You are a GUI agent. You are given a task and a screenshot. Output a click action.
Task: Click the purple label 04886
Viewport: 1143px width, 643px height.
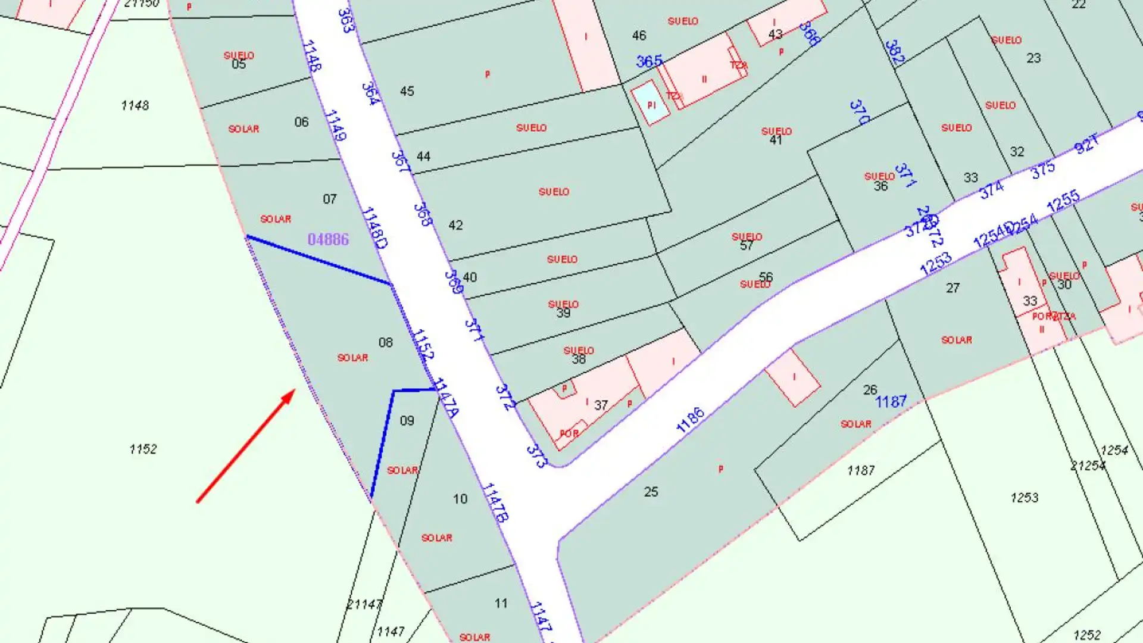328,239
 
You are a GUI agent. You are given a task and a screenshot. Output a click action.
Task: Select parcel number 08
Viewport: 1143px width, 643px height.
386,342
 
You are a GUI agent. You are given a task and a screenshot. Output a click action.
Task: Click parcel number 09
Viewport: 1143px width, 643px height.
407,421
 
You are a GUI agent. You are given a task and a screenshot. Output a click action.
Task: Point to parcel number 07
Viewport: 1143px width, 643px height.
329,199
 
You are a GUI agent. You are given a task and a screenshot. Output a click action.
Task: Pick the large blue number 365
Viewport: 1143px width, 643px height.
649,61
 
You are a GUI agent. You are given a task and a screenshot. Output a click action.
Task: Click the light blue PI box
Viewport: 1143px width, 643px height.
651,105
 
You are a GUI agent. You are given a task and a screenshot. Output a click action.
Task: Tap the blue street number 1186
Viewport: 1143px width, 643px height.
690,420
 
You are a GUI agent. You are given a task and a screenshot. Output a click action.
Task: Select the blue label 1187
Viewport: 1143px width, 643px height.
891,402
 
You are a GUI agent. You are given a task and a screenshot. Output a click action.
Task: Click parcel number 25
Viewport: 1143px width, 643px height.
651,492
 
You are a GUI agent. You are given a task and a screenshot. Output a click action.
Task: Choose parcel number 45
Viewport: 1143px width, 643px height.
407,91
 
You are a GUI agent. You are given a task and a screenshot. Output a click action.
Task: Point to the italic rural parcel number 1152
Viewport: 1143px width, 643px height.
143,449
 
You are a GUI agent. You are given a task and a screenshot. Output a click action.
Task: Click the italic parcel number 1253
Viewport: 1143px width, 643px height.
1024,497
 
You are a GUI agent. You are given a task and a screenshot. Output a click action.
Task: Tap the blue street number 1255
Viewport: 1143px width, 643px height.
1063,201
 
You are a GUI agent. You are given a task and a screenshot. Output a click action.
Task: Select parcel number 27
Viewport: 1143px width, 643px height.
952,288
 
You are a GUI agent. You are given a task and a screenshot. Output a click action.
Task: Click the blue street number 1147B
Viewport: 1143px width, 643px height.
495,502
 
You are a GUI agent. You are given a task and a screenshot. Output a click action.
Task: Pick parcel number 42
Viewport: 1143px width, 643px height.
455,225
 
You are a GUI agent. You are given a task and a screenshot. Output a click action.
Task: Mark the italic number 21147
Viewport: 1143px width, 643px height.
364,604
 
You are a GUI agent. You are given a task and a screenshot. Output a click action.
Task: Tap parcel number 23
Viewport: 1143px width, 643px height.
1033,58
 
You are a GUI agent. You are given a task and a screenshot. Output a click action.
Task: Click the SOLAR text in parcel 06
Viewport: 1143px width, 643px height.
243,129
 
